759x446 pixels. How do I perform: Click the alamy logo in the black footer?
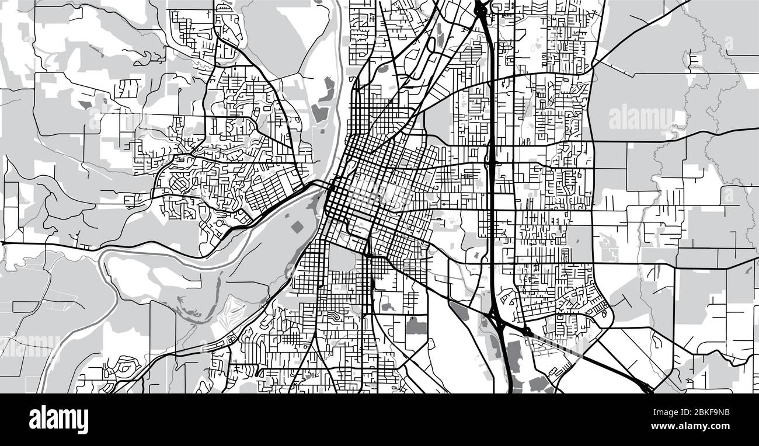coord(58,419)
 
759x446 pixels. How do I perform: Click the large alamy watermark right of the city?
coord(640,119)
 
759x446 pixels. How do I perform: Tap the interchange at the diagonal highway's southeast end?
coord(646,388)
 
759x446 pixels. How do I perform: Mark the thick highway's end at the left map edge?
coord(2,242)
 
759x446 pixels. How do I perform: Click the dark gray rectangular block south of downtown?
coord(416,326)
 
